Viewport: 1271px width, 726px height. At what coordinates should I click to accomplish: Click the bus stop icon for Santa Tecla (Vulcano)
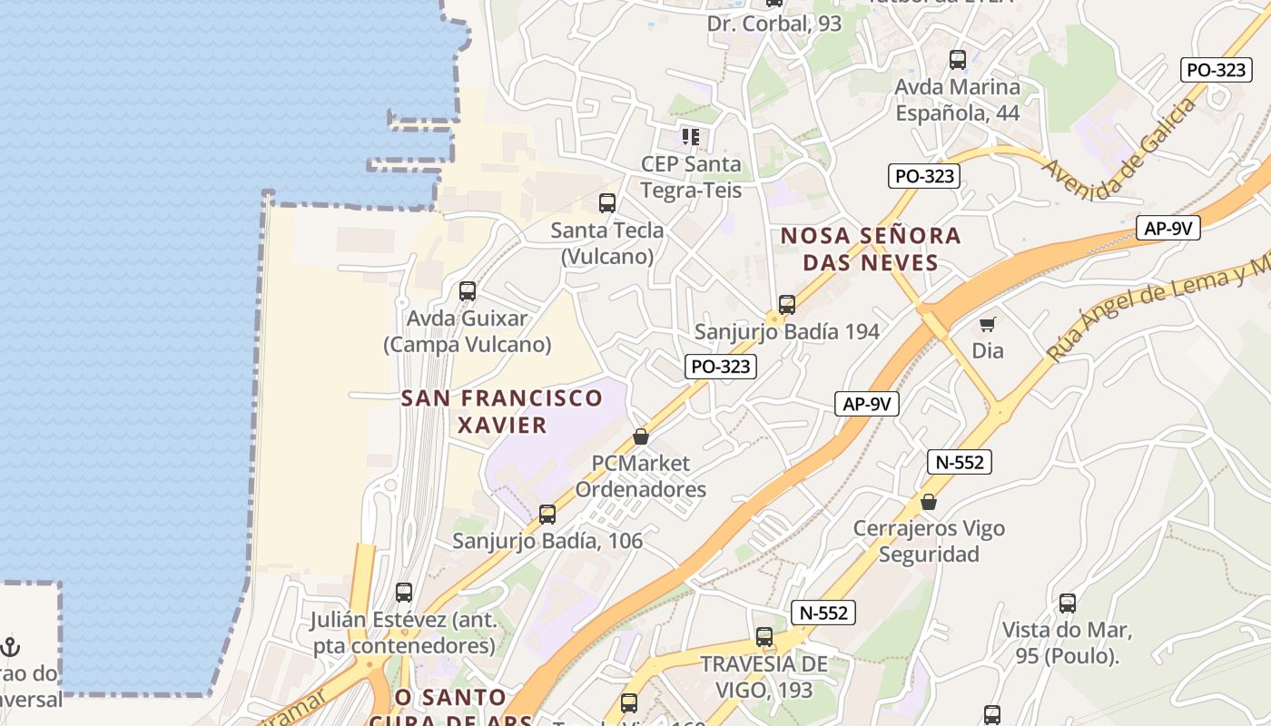607,203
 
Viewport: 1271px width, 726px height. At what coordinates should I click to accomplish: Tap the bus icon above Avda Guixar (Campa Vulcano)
468,291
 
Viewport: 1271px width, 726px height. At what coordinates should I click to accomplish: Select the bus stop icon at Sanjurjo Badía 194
787,305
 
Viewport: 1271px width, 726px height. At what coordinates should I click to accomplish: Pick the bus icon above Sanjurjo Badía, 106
547,515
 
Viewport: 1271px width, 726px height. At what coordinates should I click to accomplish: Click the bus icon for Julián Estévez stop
404,593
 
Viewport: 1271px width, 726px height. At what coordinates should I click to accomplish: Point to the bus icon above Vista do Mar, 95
1068,603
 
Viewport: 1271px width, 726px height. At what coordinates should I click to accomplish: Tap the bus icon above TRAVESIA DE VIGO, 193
764,637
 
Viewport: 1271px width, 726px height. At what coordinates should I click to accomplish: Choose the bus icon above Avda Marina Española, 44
958,60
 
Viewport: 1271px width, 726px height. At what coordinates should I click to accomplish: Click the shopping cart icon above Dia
988,324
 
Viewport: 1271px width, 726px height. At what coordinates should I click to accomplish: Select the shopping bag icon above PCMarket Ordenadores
641,437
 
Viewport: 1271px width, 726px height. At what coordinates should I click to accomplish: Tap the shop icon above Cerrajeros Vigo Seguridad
929,501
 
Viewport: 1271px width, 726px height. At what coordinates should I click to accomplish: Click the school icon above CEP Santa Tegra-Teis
691,137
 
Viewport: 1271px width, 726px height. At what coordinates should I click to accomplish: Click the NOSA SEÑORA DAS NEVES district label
871,249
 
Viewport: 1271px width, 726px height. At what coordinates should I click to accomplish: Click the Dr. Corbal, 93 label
774,24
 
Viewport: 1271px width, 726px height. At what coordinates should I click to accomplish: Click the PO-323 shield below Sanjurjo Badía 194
721,367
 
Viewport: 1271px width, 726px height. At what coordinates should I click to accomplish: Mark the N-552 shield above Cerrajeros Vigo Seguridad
960,462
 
